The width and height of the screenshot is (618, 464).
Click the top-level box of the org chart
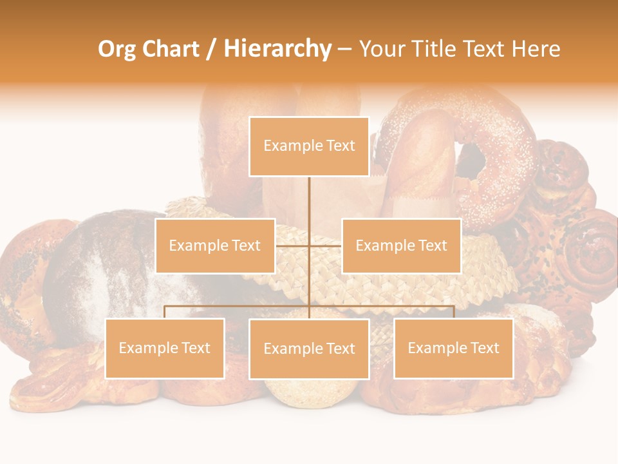pyautogui.click(x=309, y=146)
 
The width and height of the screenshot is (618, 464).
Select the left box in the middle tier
pyautogui.click(x=215, y=246)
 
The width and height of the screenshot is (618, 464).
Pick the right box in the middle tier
pyautogui.click(x=401, y=246)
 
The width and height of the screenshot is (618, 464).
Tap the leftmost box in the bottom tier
pyautogui.click(x=165, y=348)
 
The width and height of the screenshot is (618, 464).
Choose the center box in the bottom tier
pyautogui.click(x=309, y=349)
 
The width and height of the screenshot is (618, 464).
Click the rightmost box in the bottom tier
pyautogui.click(x=453, y=348)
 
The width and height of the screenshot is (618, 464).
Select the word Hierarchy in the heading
pyautogui.click(x=277, y=49)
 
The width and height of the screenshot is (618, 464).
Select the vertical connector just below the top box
pyautogui.click(x=309, y=193)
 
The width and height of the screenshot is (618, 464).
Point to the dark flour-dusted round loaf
pyautogui.click(x=97, y=271)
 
